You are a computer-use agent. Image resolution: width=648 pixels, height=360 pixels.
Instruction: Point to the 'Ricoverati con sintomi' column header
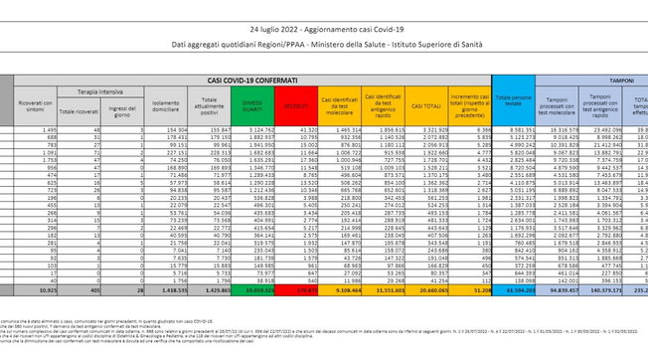click(33, 100)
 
